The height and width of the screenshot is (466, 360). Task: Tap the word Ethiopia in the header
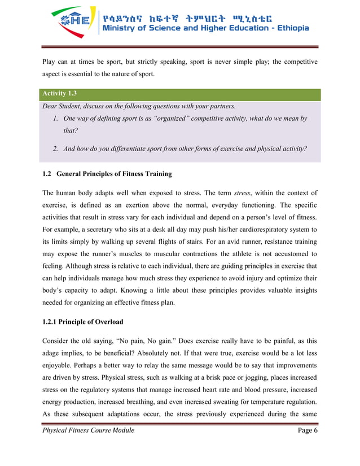point(288,28)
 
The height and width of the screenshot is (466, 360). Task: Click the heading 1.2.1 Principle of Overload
point(83,322)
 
